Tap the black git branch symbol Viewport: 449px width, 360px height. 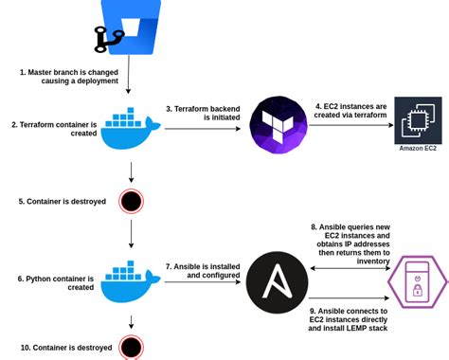coord(105,39)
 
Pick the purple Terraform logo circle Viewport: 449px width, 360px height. coord(278,125)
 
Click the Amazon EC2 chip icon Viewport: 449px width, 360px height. coord(418,120)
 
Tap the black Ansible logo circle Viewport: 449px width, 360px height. coord(277,282)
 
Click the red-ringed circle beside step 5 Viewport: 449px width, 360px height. coord(131,201)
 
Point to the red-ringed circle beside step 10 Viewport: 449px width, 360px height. coord(131,347)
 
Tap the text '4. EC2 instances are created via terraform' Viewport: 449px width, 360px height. coord(351,113)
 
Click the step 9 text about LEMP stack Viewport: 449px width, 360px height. coord(349,319)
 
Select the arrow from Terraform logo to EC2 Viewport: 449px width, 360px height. coord(350,127)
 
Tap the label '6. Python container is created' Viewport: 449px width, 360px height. coord(55,283)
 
